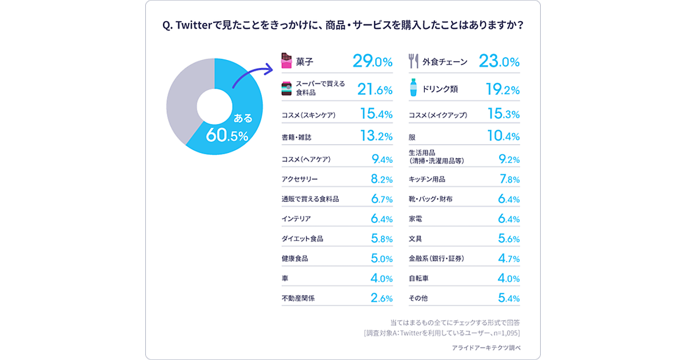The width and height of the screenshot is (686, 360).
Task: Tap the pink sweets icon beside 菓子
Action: pos(286,61)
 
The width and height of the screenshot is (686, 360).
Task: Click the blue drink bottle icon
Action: pos(413,89)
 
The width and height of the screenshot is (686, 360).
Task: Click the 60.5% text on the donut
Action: pos(227,135)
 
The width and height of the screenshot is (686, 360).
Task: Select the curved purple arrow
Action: pos(255,75)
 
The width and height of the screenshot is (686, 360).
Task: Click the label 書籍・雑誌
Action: pos(297,137)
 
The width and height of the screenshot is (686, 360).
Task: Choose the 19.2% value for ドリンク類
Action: pos(502,90)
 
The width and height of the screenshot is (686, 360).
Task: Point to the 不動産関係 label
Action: pos(298,298)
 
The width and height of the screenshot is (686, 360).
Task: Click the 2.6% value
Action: pos(381,298)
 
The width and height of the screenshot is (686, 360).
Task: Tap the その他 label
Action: pos(418,298)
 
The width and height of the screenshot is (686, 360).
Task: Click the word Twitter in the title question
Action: pos(196,26)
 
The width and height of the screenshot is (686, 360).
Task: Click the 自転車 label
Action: pos(418,279)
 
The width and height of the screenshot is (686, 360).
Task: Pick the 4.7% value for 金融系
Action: pos(508,259)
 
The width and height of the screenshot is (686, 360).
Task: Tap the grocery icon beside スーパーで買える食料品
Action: pos(286,89)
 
